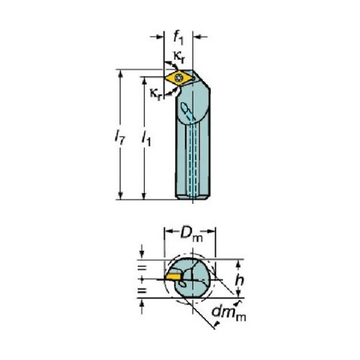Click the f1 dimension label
(178, 38)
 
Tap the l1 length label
(146, 140)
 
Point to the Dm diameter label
(191, 233)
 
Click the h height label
(239, 280)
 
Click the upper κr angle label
(179, 58)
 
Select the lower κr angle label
(156, 94)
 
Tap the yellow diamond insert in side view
(179, 78)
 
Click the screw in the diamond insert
(179, 78)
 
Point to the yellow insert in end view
(174, 276)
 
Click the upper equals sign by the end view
(142, 268)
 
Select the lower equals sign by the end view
(142, 291)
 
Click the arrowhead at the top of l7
(121, 73)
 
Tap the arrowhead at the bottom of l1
(144, 196)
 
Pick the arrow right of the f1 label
(200, 37)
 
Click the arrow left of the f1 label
(157, 37)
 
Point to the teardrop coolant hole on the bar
(185, 107)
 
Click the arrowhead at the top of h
(238, 264)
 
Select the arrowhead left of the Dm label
(168, 232)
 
